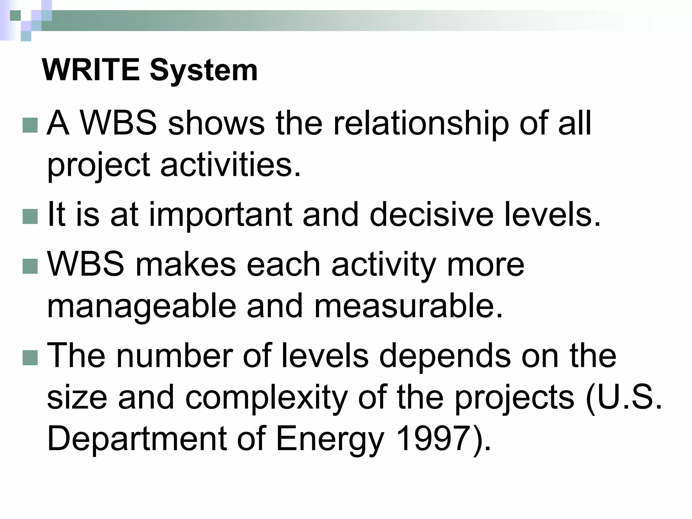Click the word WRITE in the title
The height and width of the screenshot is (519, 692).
tap(91, 70)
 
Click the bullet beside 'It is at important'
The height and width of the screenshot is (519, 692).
tap(30, 217)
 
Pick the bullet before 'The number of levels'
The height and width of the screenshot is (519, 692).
tap(30, 357)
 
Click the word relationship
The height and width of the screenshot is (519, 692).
tap(421, 124)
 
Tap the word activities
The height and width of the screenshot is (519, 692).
tap(230, 165)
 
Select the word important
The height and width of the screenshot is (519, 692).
tap(220, 215)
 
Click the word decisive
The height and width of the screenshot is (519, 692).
tap(431, 215)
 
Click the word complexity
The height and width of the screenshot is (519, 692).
tap(266, 398)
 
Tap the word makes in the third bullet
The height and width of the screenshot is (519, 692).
tap(185, 265)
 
